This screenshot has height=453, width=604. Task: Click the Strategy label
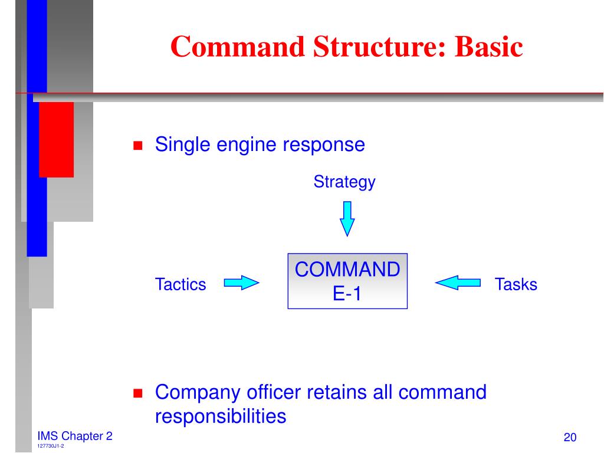[x=344, y=182]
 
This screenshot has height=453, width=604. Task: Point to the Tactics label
[x=180, y=284]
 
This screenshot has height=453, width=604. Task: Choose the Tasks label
[x=516, y=284]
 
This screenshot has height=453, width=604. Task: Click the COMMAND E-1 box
[x=347, y=281]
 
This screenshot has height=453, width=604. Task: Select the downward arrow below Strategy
[x=347, y=218]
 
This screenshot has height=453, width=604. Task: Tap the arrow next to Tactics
[x=242, y=284]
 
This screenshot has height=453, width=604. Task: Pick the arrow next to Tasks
[x=458, y=284]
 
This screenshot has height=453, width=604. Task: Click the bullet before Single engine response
[x=139, y=146]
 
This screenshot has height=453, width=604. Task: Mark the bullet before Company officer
[x=139, y=393]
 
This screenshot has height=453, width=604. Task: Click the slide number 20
[x=569, y=437]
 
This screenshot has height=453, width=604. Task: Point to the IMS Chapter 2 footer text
[x=74, y=436]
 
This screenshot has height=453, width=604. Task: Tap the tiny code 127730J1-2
[x=50, y=447]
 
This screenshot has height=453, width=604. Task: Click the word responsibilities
[x=221, y=416]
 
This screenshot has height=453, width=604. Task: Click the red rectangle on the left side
[x=56, y=139]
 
